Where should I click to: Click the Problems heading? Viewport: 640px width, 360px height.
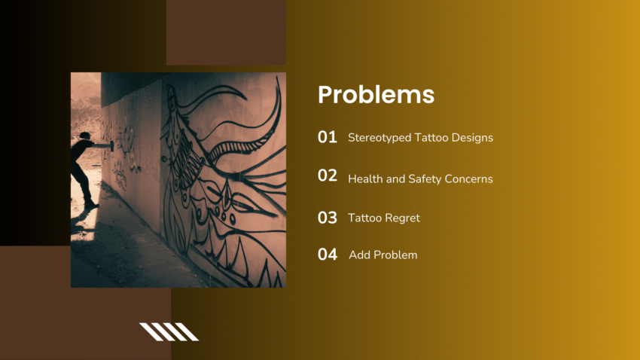376,95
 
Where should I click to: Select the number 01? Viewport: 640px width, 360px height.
328,137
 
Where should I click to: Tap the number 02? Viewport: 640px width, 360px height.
328,175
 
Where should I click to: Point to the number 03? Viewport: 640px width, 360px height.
328,218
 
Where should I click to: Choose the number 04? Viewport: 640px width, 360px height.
328,255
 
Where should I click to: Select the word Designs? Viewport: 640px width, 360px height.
472,138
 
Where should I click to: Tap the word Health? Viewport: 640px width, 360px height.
364,179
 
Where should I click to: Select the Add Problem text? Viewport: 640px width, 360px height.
382,255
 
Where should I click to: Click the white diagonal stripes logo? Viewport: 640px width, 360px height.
169,331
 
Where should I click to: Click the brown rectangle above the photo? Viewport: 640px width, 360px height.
226,32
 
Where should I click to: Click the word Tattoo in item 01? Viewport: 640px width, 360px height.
429,138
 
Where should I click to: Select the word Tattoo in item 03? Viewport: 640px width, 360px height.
364,218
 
